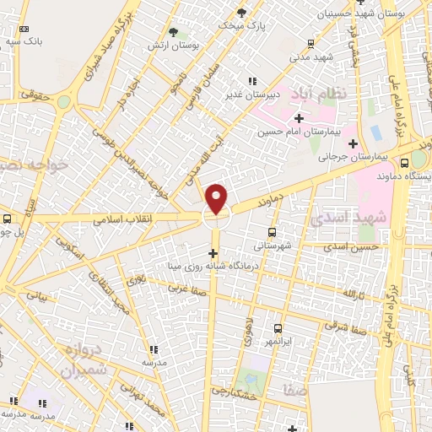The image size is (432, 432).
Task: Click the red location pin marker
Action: point(217,198)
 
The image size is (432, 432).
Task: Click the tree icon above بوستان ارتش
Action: point(173,32)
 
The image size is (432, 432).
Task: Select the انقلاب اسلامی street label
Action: point(123,219)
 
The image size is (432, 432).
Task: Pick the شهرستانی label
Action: point(272,246)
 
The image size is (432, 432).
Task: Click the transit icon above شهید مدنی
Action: point(310,43)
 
